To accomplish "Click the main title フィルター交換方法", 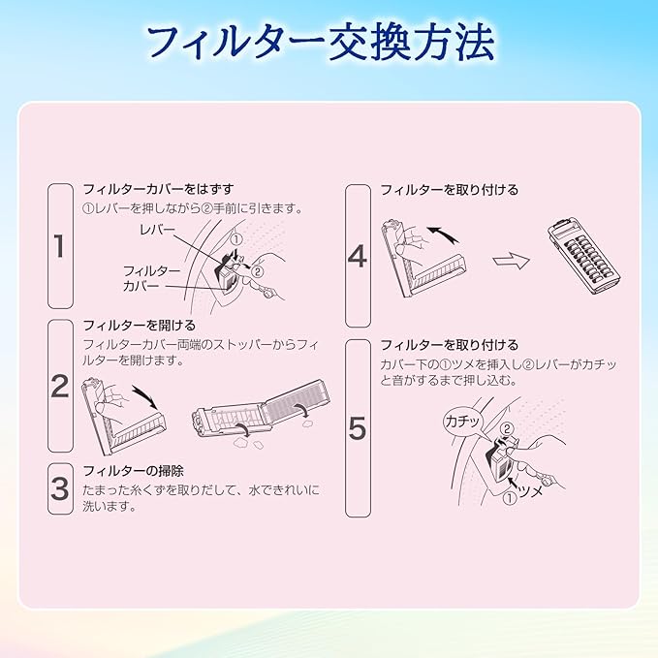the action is [322, 44].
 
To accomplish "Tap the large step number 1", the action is [59, 246].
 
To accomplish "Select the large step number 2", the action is [59, 386].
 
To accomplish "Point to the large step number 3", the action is [59, 488].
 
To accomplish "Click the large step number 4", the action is [358, 256].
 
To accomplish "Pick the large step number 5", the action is [358, 428].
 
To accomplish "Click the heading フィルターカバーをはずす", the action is [158, 189].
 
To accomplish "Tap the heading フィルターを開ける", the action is [140, 326].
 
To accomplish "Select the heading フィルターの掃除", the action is [134, 471].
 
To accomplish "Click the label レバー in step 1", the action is [157, 230].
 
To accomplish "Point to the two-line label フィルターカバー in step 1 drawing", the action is [151, 278].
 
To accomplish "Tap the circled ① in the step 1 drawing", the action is [236, 239].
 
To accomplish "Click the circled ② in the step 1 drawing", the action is [257, 272].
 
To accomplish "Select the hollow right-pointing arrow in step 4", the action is [511, 260].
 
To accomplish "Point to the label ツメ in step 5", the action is [530, 490].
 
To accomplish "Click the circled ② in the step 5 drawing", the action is [507, 429].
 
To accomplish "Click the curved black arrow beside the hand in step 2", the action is [145, 395].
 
